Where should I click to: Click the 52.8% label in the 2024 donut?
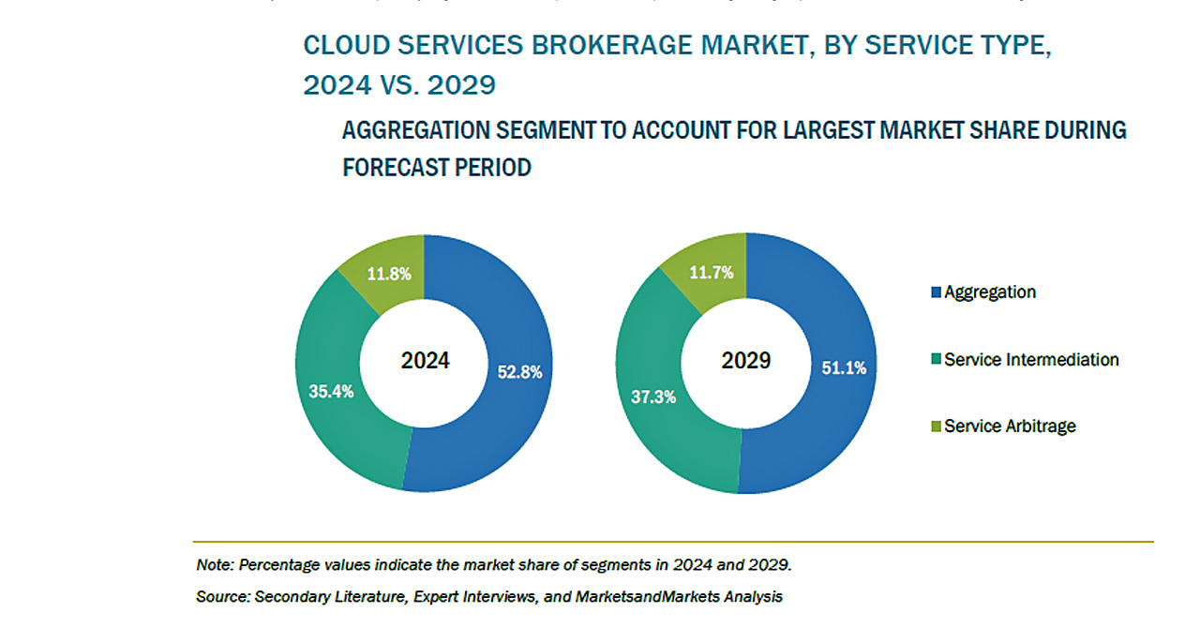click(518, 372)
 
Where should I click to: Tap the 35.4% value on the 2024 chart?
click(331, 391)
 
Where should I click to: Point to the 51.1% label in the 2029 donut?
click(843, 368)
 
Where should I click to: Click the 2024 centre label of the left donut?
click(425, 361)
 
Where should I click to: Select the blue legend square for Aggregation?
click(936, 292)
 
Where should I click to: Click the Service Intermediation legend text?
click(1031, 359)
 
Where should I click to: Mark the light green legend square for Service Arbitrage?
click(936, 426)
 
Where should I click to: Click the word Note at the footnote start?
click(214, 565)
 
